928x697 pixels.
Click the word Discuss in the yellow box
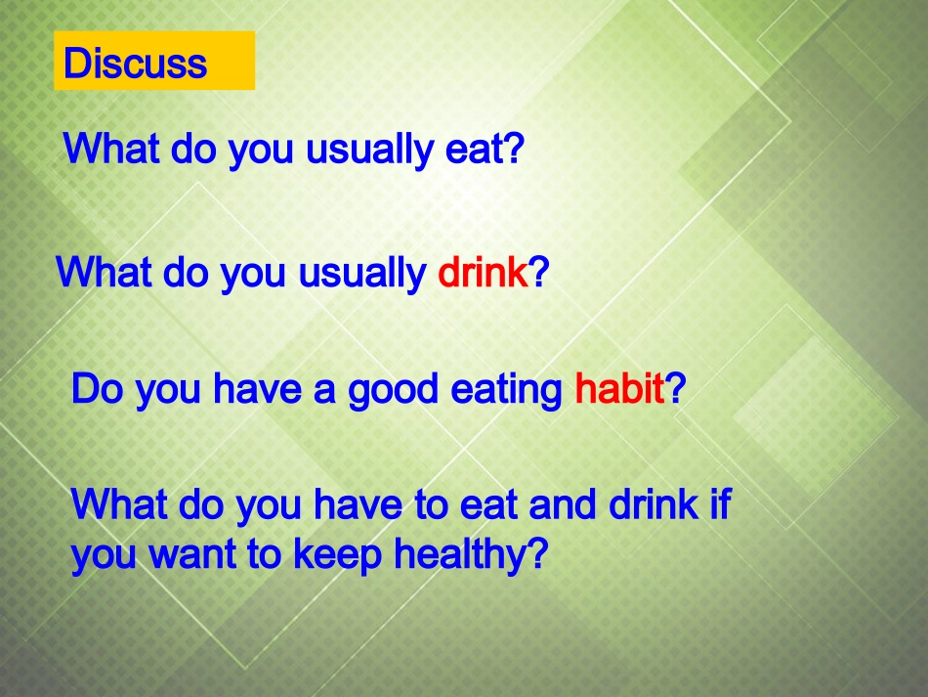pos(135,64)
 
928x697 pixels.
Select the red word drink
pos(483,273)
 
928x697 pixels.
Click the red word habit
pos(619,389)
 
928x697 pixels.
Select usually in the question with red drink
pos(361,273)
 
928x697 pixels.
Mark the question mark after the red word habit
pos(676,389)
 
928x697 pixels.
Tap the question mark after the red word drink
pos(538,273)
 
